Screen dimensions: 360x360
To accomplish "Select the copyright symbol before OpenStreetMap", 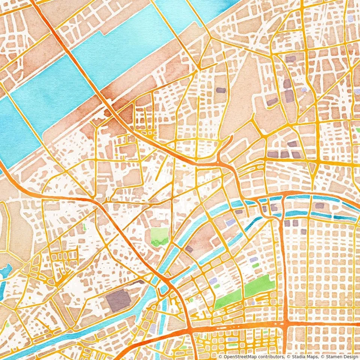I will pyautogui.click(x=220, y=357).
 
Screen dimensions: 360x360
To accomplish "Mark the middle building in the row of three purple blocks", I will pyautogui.click(x=285, y=154).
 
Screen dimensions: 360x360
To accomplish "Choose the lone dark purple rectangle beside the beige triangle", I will pyautogui.click(x=221, y=90).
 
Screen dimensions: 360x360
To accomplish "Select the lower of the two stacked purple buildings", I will pyautogui.click(x=289, y=97).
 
